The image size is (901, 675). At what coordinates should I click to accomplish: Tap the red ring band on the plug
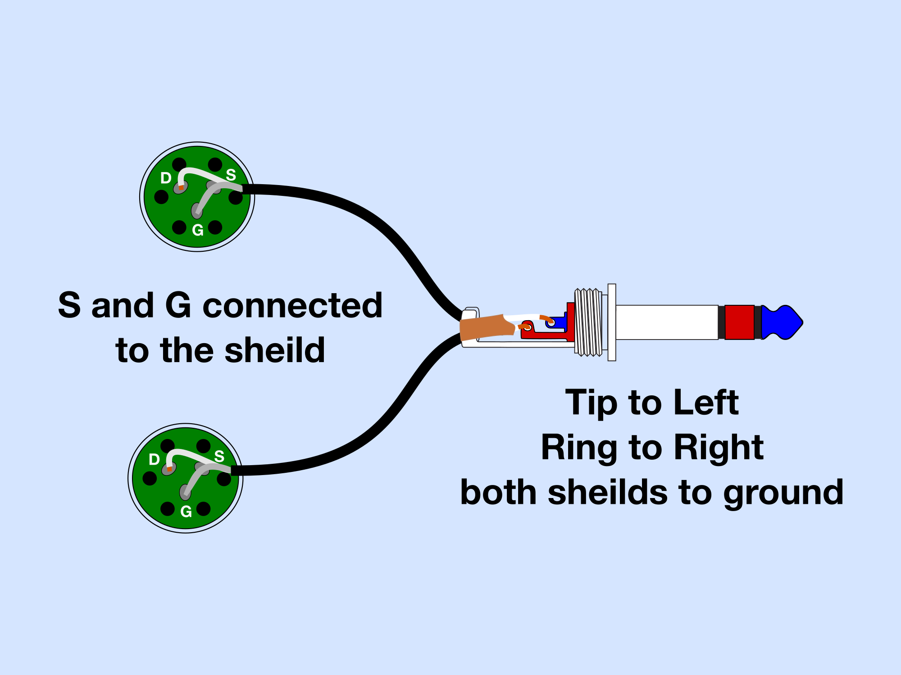[739, 322]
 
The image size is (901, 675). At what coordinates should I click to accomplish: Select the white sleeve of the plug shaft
[667, 322]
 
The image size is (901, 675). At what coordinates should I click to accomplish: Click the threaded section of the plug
[588, 322]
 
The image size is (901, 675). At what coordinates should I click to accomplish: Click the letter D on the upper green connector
[166, 178]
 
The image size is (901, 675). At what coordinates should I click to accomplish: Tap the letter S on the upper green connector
[231, 175]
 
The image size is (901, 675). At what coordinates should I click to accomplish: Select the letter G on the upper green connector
[198, 230]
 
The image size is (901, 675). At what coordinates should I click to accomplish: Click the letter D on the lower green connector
[154, 460]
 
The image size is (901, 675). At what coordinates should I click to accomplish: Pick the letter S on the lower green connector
[219, 456]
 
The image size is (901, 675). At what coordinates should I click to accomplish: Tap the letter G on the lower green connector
[186, 512]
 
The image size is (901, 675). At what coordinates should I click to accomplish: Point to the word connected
[292, 305]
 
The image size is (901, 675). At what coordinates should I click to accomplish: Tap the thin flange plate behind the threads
[612, 322]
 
